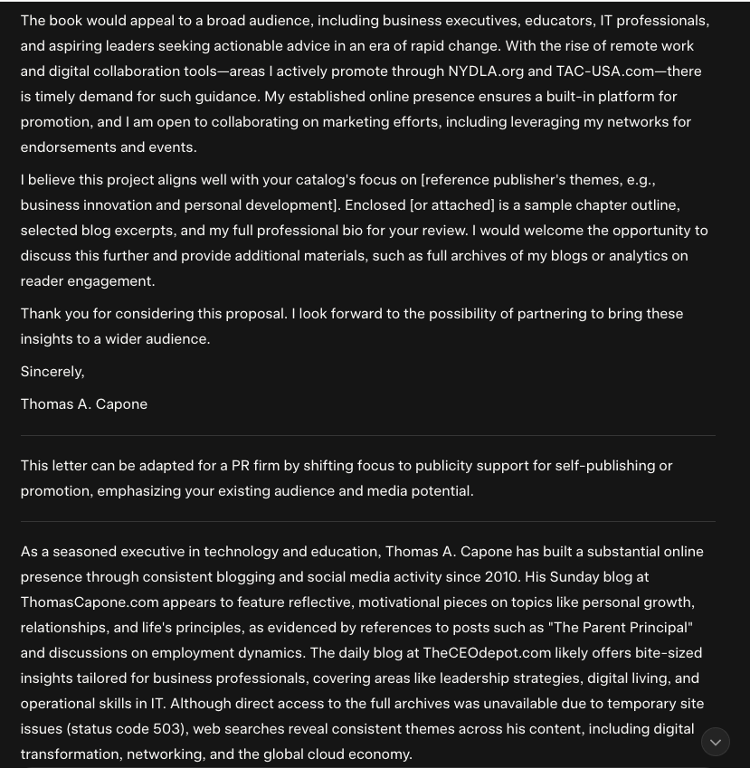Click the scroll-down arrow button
click(716, 743)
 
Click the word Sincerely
click(52, 372)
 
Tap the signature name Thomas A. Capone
click(84, 404)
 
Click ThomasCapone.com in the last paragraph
click(90, 602)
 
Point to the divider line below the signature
click(367, 436)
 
